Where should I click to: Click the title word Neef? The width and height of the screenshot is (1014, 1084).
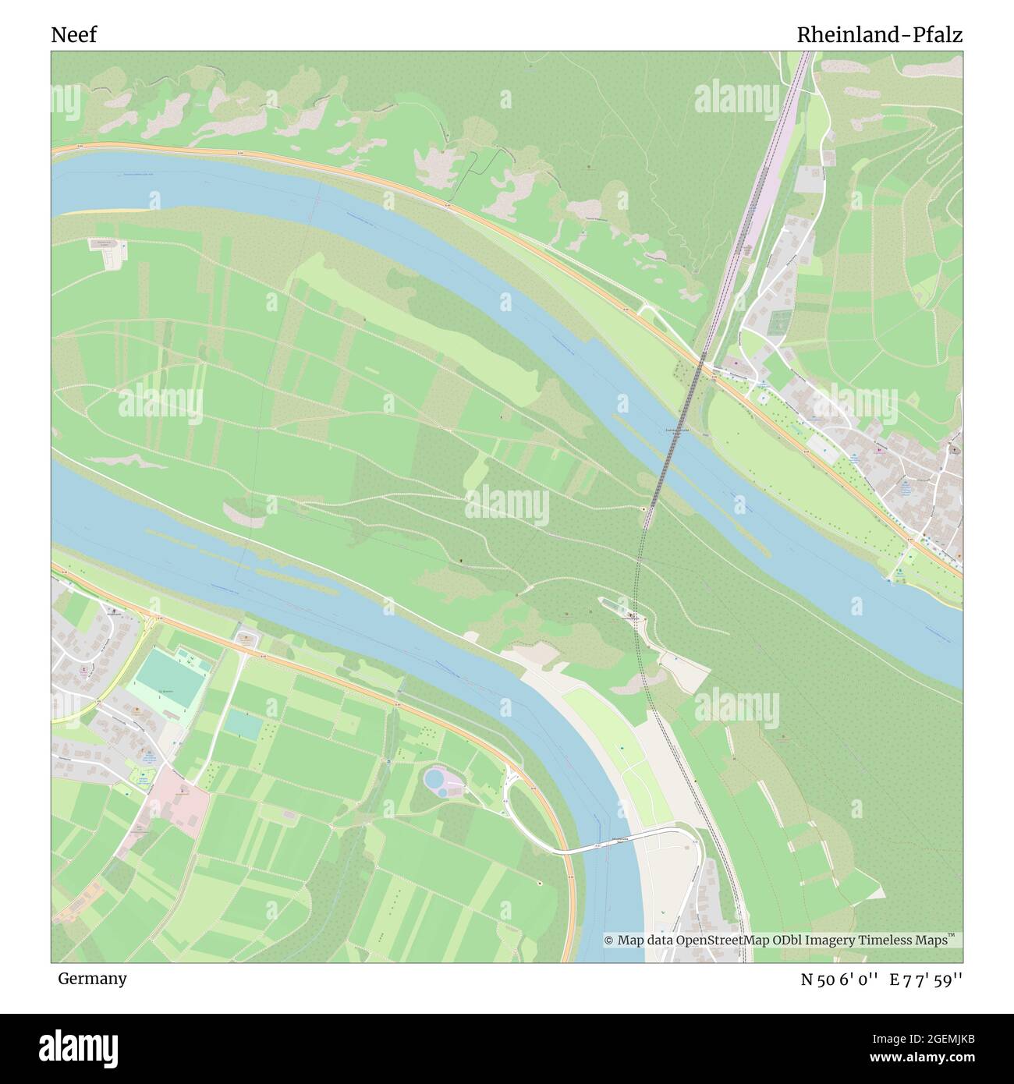click(74, 35)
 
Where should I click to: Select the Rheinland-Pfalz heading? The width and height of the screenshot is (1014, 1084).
click(879, 35)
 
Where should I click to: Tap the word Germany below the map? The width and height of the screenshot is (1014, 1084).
click(92, 978)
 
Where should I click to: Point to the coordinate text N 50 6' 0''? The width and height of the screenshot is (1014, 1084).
click(841, 979)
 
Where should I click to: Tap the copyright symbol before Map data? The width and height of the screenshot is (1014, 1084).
click(609, 941)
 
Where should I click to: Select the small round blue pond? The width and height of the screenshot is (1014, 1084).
click(442, 791)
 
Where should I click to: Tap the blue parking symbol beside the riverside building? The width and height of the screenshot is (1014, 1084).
click(123, 245)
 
